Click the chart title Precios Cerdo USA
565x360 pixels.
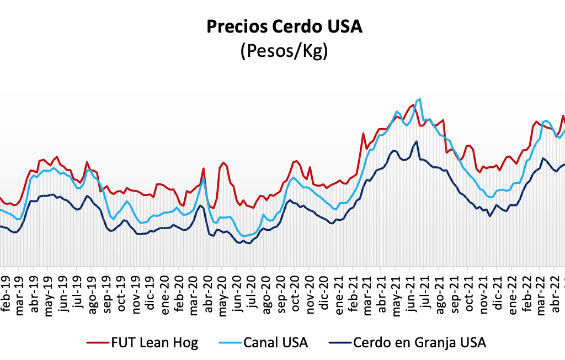pyautogui.click(x=284, y=27)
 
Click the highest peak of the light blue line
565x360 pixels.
pyautogui.click(x=420, y=99)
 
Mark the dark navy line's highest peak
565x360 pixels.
pyautogui.click(x=417, y=141)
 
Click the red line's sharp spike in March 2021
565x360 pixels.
pyautogui.click(x=363, y=133)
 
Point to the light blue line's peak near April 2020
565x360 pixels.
pyautogui.click(x=204, y=178)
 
